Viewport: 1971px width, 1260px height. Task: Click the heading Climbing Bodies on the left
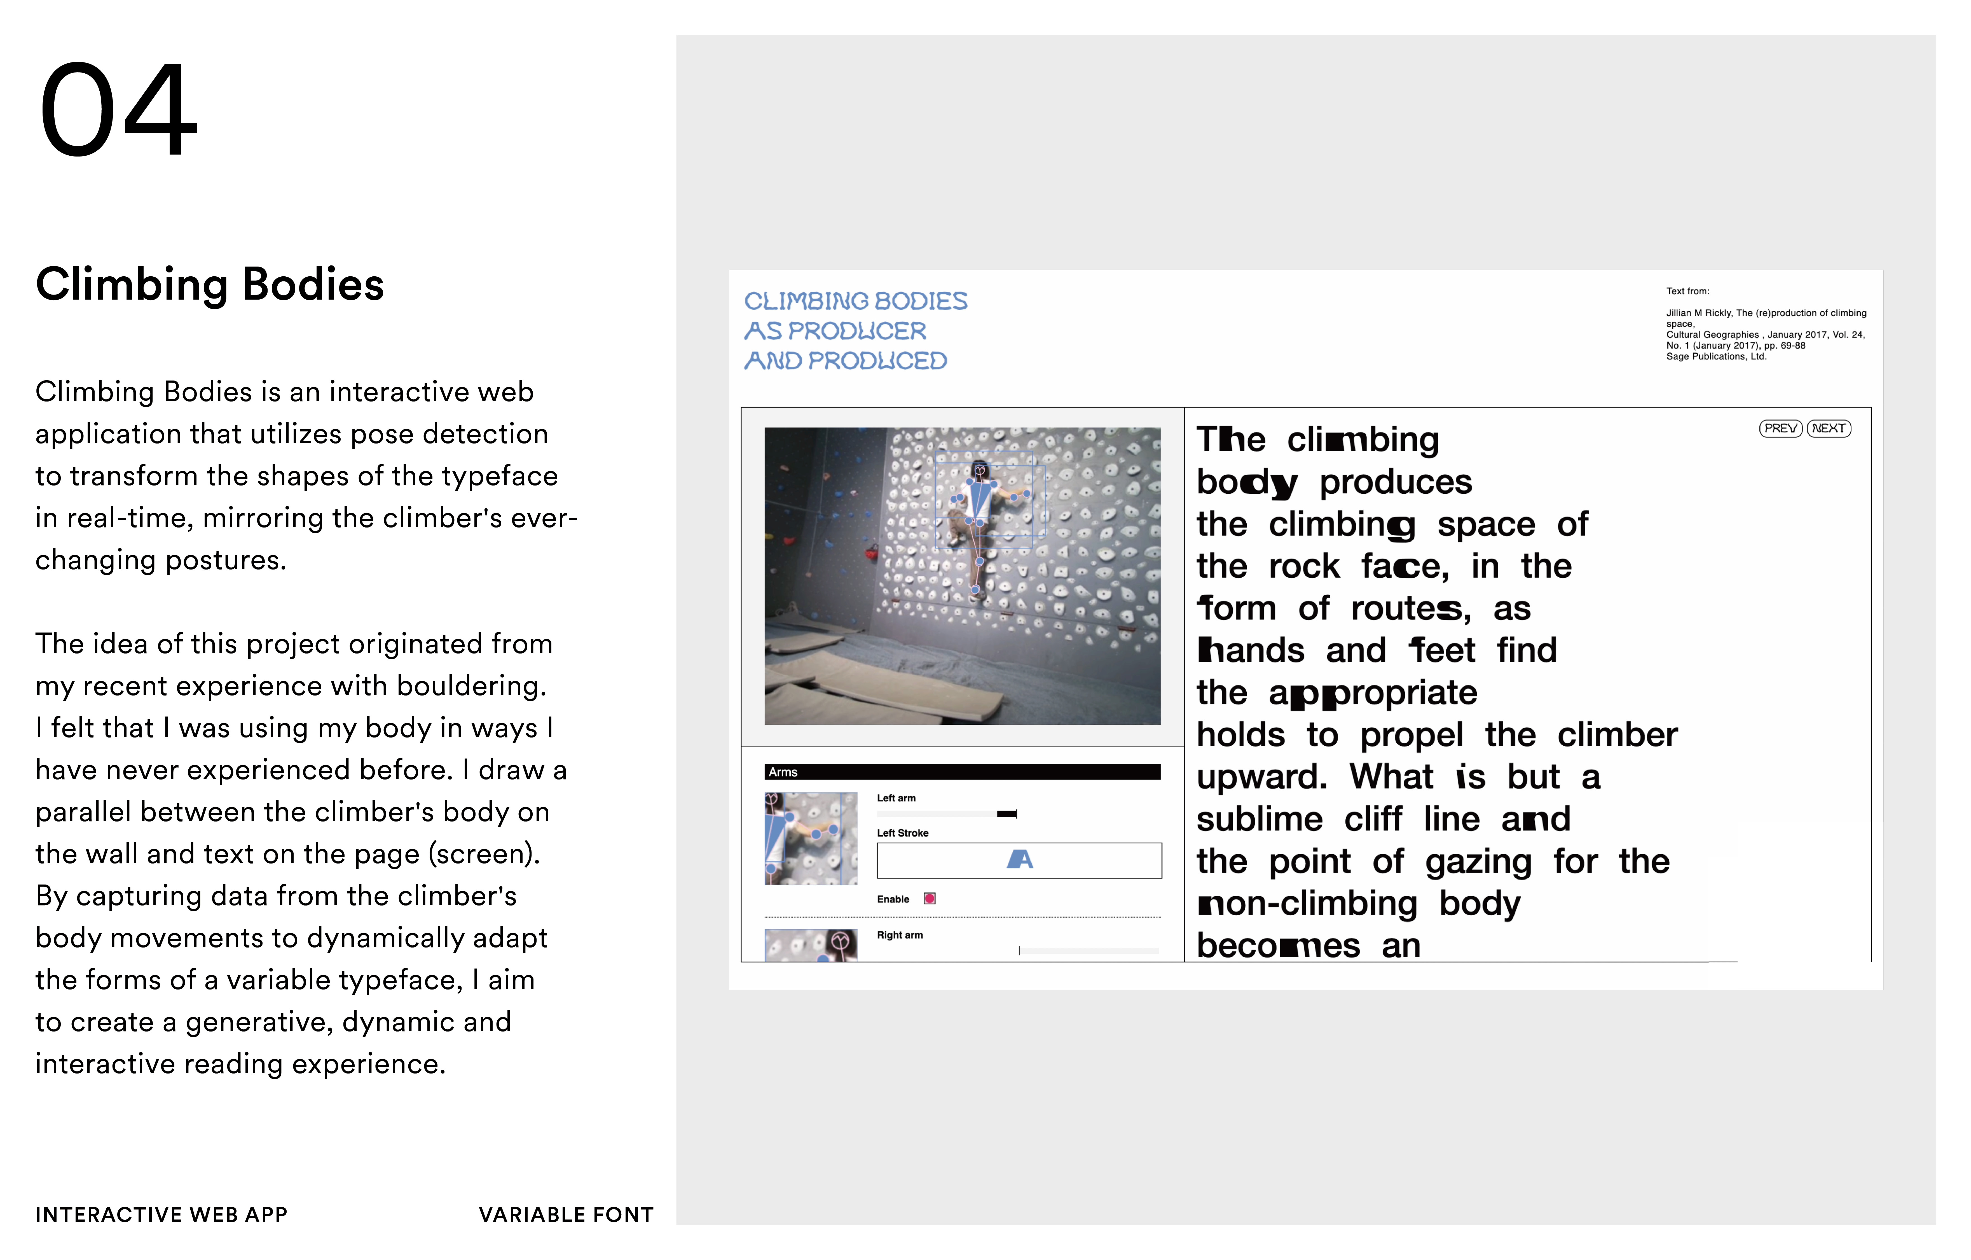(x=210, y=285)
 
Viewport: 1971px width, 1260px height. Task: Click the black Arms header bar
(x=962, y=772)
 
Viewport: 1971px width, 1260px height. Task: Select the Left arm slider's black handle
(x=1007, y=814)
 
